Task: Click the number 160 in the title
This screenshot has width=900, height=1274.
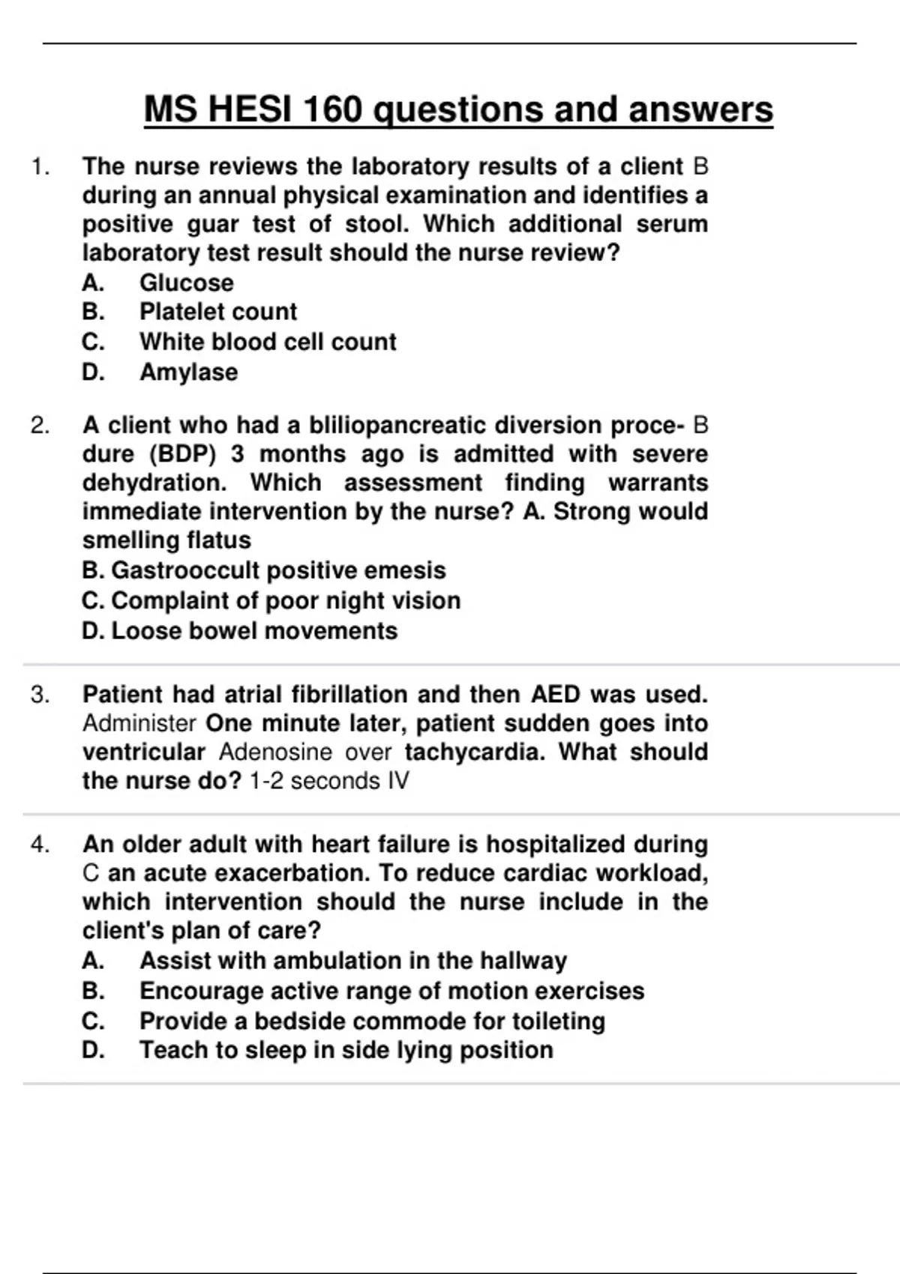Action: click(x=331, y=109)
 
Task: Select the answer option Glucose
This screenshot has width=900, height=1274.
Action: click(x=186, y=283)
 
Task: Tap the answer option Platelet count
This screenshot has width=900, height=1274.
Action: click(x=217, y=312)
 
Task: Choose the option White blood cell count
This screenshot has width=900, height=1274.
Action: click(x=267, y=342)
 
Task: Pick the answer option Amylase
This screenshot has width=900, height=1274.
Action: click(x=188, y=372)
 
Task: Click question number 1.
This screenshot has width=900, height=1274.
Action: click(x=40, y=166)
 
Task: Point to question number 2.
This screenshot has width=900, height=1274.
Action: click(x=40, y=426)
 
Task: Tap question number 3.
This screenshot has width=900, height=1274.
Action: click(x=40, y=695)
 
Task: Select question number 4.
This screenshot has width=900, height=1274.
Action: click(x=40, y=845)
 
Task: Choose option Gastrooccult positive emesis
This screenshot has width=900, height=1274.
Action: click(x=264, y=570)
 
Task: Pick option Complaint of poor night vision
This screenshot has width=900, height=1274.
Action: click(x=271, y=600)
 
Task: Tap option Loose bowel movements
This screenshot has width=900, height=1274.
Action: click(x=240, y=631)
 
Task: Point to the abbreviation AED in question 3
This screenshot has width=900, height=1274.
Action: click(x=555, y=695)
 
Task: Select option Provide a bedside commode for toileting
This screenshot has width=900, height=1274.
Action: click(x=372, y=1021)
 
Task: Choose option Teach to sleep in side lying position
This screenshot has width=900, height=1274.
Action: click(x=346, y=1050)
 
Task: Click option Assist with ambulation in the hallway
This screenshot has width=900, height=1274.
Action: click(x=352, y=961)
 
